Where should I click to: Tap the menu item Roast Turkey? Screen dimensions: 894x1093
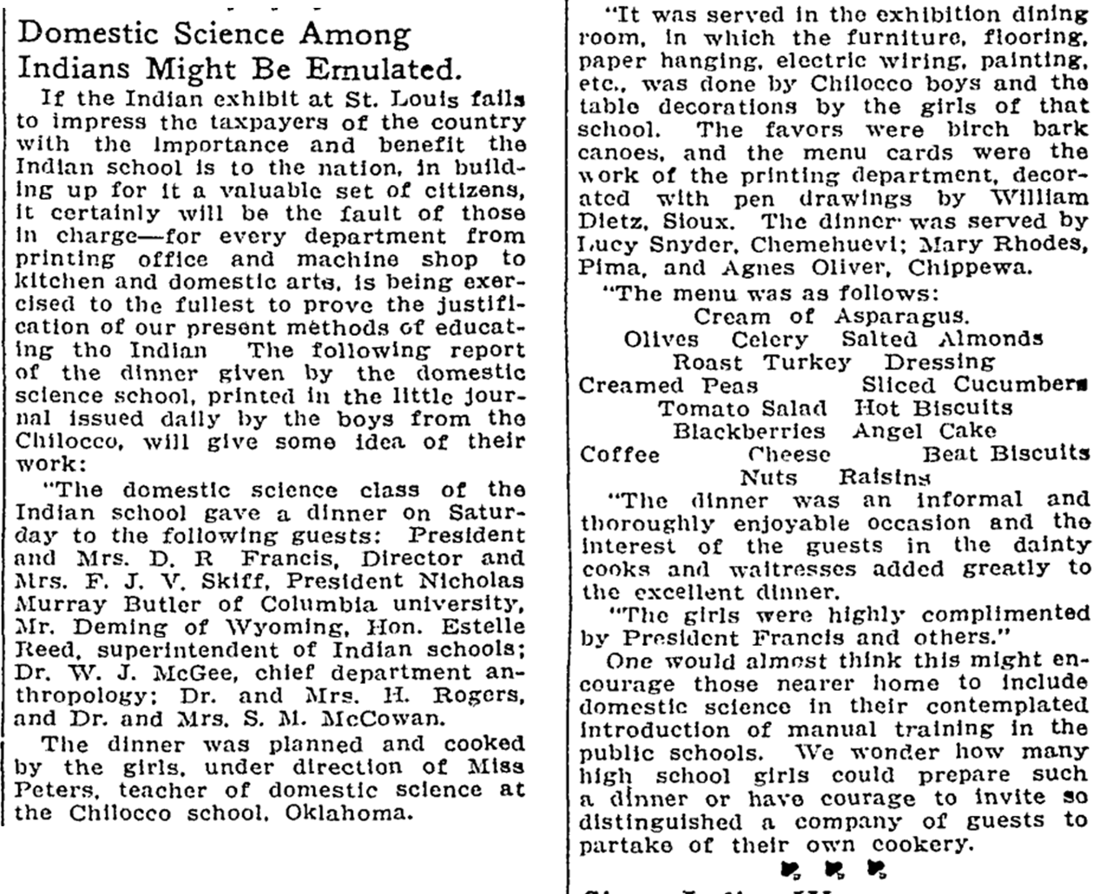[762, 362]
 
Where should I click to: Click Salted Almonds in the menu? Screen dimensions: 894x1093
[942, 339]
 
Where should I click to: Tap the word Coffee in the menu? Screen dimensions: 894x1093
[619, 454]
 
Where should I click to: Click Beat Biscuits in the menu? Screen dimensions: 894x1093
[1005, 454]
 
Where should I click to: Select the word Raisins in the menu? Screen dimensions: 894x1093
[885, 477]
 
